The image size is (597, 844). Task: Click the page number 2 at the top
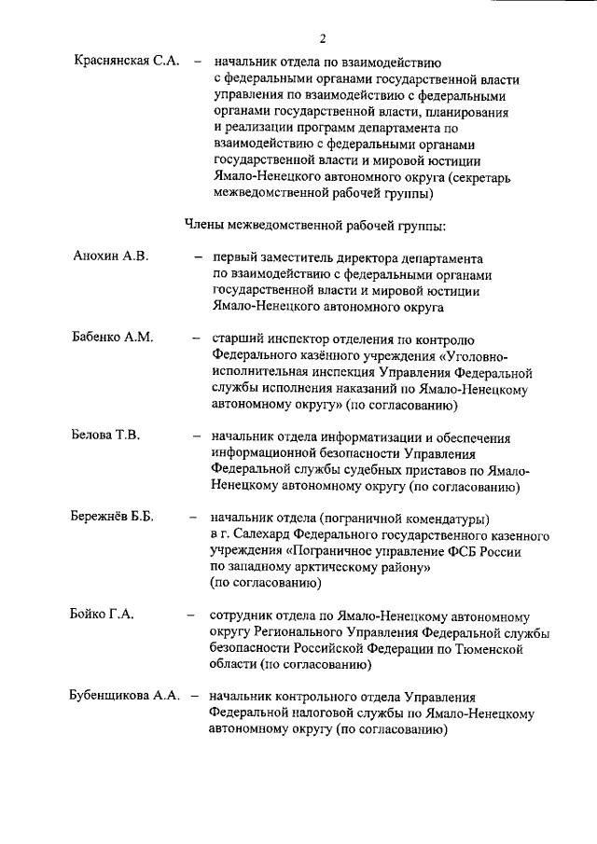pyautogui.click(x=322, y=38)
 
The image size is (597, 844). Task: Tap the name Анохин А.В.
pyautogui.click(x=110, y=256)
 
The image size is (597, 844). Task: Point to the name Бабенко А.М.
pyautogui.click(x=113, y=337)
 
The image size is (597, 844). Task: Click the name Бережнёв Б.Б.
pyautogui.click(x=112, y=517)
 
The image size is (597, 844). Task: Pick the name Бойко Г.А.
pyautogui.click(x=103, y=615)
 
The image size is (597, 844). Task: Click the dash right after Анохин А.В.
pyautogui.click(x=198, y=256)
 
